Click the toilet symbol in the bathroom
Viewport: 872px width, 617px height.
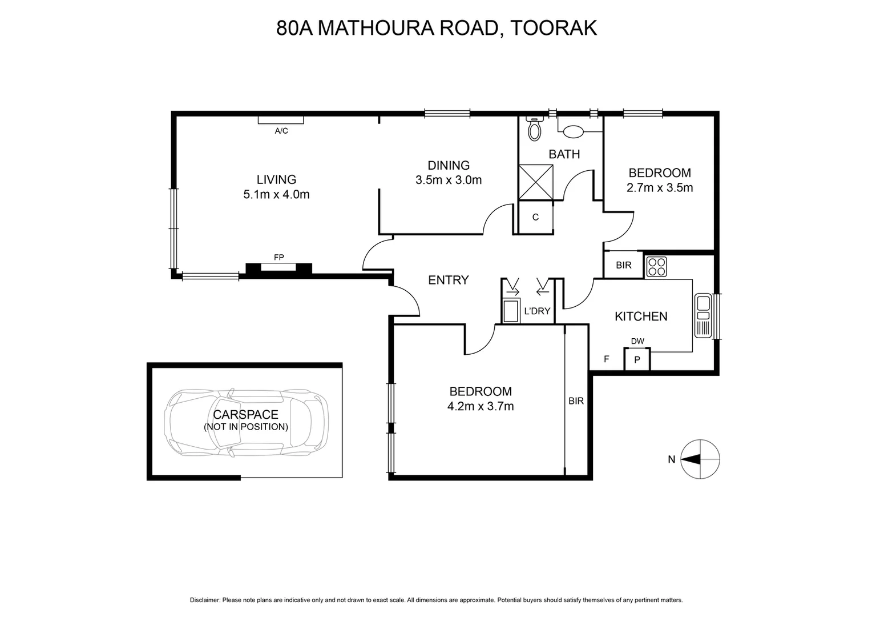pos(534,129)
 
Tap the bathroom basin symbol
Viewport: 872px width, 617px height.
pos(573,131)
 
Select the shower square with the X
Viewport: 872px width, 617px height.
pos(535,182)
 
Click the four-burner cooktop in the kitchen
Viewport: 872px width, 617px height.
pos(656,266)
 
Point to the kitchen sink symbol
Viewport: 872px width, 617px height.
pos(703,315)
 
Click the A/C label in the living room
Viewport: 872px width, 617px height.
pos(281,131)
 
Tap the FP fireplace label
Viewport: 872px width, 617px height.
pos(279,258)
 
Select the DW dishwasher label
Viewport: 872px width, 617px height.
pos(637,342)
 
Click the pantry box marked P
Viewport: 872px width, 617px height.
pos(637,360)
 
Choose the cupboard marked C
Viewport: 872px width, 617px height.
pos(535,218)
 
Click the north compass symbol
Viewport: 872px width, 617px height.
pos(700,459)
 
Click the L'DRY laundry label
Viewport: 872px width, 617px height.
pos(537,311)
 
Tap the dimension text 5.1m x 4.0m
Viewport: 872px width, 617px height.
pos(276,195)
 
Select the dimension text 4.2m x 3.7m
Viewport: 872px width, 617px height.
pos(481,407)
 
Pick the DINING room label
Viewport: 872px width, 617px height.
pos(449,166)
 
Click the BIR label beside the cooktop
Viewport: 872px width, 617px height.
pos(624,266)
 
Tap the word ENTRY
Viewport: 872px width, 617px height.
pos(449,280)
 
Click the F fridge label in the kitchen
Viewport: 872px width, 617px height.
pos(607,359)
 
